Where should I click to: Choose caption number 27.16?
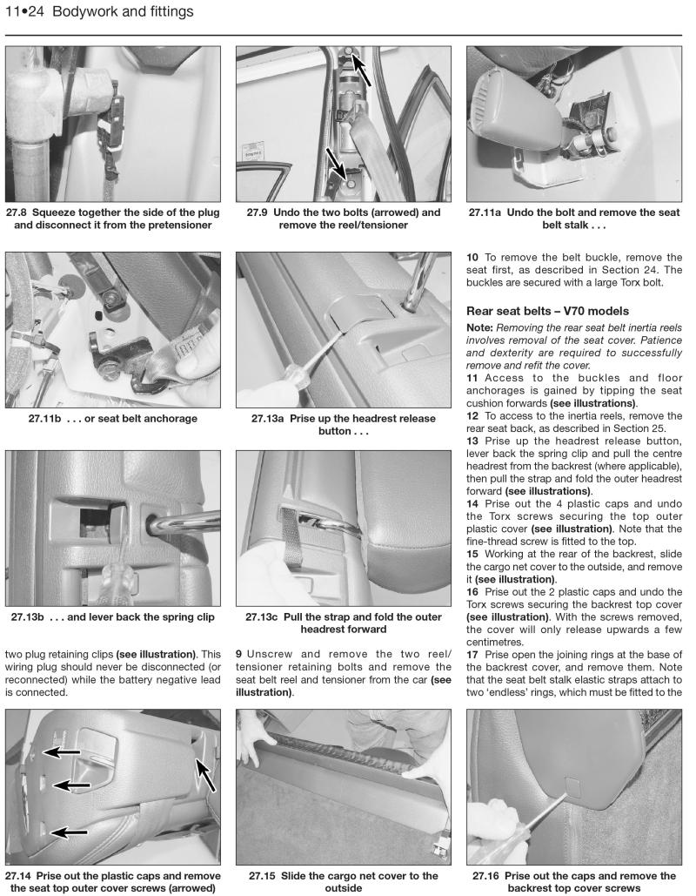pos(489,876)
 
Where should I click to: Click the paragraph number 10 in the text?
pos(473,257)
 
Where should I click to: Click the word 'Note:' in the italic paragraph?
pos(480,327)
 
